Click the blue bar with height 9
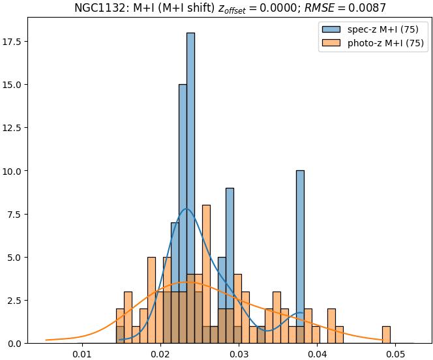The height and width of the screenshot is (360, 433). (230, 261)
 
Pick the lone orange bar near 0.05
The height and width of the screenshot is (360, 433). (386, 335)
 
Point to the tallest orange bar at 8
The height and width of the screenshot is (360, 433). (206, 274)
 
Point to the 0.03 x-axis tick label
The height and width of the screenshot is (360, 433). (239, 353)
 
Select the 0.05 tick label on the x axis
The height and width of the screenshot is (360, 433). (396, 353)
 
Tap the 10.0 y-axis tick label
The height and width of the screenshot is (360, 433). (14, 171)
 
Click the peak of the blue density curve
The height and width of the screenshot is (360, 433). (187, 209)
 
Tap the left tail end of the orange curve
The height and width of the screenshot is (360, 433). (46, 340)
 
